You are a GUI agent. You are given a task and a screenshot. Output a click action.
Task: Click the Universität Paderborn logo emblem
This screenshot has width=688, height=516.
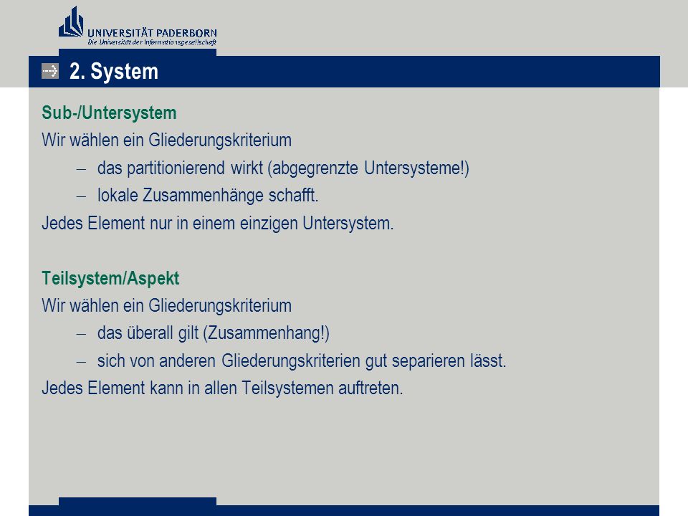tap(71, 22)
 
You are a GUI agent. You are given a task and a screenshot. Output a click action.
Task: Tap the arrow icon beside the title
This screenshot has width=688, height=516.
tap(50, 71)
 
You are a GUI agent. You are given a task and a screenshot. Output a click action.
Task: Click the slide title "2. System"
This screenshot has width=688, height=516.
tap(114, 71)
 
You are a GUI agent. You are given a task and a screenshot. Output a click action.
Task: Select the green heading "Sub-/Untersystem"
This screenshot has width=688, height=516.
tap(109, 113)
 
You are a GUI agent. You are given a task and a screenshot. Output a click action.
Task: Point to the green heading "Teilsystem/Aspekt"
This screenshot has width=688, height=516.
tap(110, 278)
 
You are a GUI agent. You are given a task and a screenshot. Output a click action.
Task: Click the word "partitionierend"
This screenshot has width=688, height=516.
tap(176, 168)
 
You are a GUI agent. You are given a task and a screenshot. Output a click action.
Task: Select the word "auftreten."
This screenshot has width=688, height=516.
tap(371, 388)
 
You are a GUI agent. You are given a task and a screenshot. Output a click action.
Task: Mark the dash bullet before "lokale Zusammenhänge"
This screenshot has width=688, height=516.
tap(81, 196)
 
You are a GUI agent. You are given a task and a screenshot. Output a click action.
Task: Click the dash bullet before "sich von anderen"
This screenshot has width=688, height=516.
tap(81, 362)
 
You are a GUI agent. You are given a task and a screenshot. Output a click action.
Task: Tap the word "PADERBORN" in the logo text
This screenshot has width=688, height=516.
tap(186, 34)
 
